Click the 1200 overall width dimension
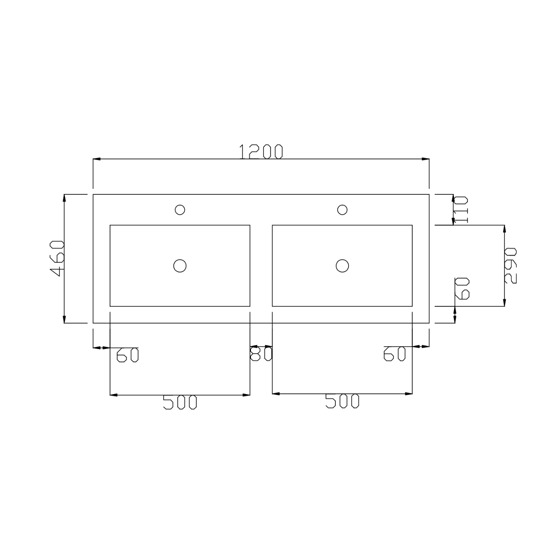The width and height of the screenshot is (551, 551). click(x=261, y=152)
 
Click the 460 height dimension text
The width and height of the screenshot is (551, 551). click(x=57, y=259)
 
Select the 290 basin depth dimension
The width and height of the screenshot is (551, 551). click(x=510, y=265)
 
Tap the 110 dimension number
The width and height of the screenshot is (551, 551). click(x=461, y=210)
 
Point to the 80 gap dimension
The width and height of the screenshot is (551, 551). click(x=261, y=354)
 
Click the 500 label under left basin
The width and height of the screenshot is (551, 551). click(x=180, y=403)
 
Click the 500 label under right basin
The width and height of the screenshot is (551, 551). click(x=342, y=401)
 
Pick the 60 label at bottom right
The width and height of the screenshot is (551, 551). click(x=395, y=354)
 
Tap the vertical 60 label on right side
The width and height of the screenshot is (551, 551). click(x=463, y=288)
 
